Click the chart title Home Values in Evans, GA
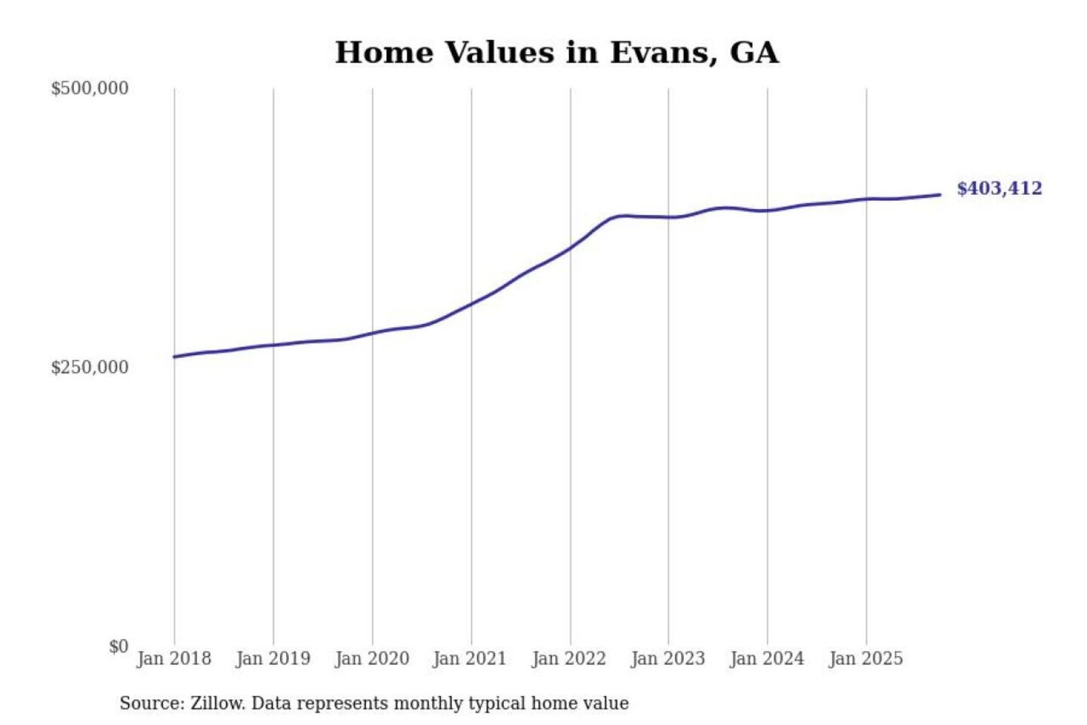click(x=556, y=53)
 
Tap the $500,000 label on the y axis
click(x=90, y=88)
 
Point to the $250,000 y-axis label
click(x=90, y=367)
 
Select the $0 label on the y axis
click(x=119, y=646)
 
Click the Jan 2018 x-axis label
click(x=174, y=659)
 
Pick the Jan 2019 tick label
click(x=273, y=659)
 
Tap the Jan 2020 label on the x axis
click(x=371, y=659)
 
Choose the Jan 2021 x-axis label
click(x=470, y=659)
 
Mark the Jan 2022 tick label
click(x=568, y=659)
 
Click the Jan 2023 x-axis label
click(x=667, y=659)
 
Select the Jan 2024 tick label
click(x=766, y=659)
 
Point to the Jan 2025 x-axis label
click(x=865, y=659)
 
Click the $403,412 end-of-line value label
click(x=999, y=188)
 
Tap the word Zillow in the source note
click(x=217, y=703)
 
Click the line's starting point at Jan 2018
click(x=174, y=356)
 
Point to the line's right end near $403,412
click(x=940, y=195)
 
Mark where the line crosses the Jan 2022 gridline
click(x=571, y=246)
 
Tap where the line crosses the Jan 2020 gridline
click(x=372, y=332)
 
